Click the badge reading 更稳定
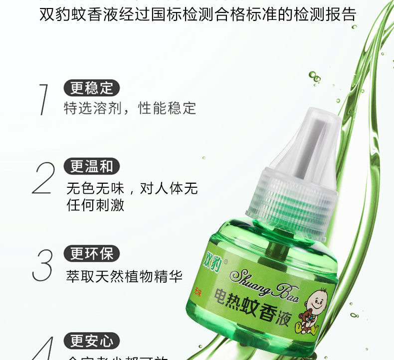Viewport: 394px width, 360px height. (x=92, y=88)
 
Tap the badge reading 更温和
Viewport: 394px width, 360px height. (x=92, y=167)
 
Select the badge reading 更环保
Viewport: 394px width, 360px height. (x=92, y=254)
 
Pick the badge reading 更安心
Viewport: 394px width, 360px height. (x=92, y=341)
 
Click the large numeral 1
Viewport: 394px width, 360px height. (x=44, y=99)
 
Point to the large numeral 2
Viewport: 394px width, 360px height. (x=44, y=178)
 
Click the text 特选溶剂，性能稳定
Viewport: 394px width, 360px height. (x=130, y=108)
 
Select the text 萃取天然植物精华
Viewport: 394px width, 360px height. (x=124, y=276)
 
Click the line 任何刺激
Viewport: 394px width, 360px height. (x=95, y=205)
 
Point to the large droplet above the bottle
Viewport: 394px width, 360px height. (x=313, y=75)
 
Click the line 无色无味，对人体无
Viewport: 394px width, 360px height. (x=132, y=188)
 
